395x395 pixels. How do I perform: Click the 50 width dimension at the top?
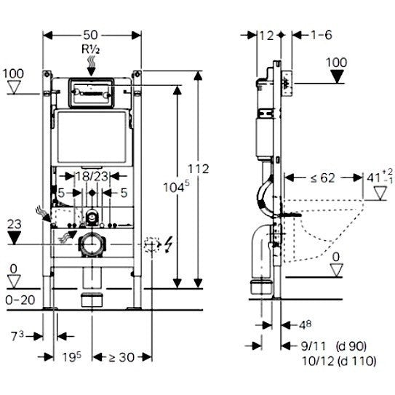(90, 35)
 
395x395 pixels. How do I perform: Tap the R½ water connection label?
(90, 49)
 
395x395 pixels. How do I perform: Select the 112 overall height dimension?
(199, 169)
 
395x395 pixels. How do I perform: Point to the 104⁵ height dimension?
(176, 187)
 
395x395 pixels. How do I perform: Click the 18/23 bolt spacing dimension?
(92, 176)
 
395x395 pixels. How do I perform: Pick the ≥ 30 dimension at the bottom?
(121, 357)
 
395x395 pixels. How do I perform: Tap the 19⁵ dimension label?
(72, 356)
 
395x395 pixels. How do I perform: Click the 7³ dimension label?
(17, 336)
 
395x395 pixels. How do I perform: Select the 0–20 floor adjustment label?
(20, 300)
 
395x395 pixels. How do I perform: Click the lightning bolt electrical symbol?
(169, 244)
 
